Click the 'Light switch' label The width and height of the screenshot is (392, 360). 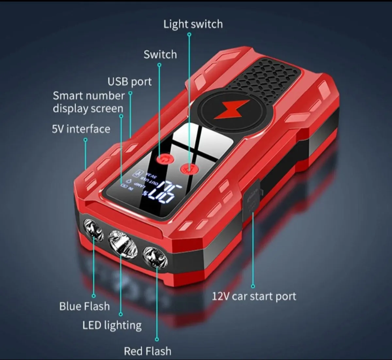193,24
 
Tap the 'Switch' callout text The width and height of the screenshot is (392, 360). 160,54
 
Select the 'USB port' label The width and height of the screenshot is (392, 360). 130,81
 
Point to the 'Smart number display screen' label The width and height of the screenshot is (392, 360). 88,102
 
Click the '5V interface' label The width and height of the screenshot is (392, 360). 81,129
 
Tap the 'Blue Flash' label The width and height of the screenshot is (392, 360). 84,306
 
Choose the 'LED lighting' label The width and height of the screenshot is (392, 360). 112,325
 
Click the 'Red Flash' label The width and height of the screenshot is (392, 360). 147,351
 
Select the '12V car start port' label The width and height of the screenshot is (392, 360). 254,297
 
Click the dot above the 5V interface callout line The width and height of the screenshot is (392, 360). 86,140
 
